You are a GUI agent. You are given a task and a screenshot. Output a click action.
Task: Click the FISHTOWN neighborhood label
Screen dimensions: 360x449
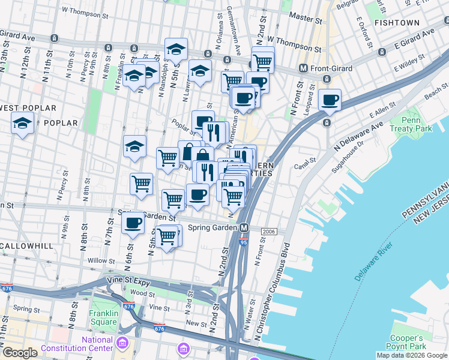(397, 22)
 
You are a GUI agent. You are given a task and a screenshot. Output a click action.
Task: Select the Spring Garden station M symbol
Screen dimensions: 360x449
(244, 227)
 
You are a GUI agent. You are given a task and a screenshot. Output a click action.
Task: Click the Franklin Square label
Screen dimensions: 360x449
(95, 317)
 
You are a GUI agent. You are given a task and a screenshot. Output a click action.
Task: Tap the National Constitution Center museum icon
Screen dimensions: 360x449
(123, 344)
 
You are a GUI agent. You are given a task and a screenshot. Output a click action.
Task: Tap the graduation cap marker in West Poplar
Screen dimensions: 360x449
(23, 124)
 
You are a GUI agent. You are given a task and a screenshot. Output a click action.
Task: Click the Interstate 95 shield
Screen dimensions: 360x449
(243, 241)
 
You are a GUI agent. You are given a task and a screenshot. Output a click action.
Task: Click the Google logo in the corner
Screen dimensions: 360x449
(20, 353)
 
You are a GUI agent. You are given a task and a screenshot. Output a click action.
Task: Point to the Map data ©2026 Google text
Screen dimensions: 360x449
(411, 355)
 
